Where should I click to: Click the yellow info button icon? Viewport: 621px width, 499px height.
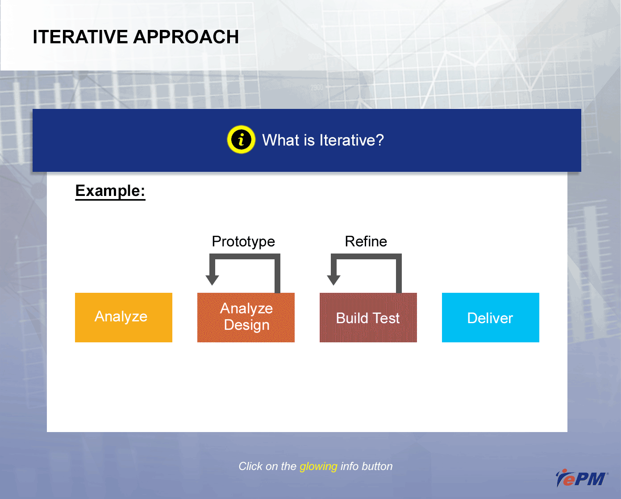[x=241, y=140]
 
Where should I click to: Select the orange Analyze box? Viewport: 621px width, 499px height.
[x=124, y=317]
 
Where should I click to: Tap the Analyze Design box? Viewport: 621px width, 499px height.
[x=246, y=317]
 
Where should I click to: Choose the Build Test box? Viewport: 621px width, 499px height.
[x=368, y=317]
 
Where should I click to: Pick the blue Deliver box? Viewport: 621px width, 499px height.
[x=491, y=317]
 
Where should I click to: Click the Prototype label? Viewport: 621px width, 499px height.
[x=243, y=242]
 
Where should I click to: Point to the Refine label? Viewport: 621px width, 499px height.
[x=366, y=241]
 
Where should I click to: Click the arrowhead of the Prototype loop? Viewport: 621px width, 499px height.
[x=212, y=280]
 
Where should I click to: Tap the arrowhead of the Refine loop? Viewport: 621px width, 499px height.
[x=333, y=280]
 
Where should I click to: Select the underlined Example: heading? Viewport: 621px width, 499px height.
[x=110, y=191]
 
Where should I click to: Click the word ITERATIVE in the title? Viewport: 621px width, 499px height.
[x=80, y=37]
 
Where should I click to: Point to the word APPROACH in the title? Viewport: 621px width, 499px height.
[x=186, y=37]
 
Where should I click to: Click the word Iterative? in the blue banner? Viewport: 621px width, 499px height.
[x=352, y=140]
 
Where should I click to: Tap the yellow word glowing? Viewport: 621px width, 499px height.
[x=318, y=466]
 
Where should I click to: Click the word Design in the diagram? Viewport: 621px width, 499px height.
[x=247, y=325]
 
